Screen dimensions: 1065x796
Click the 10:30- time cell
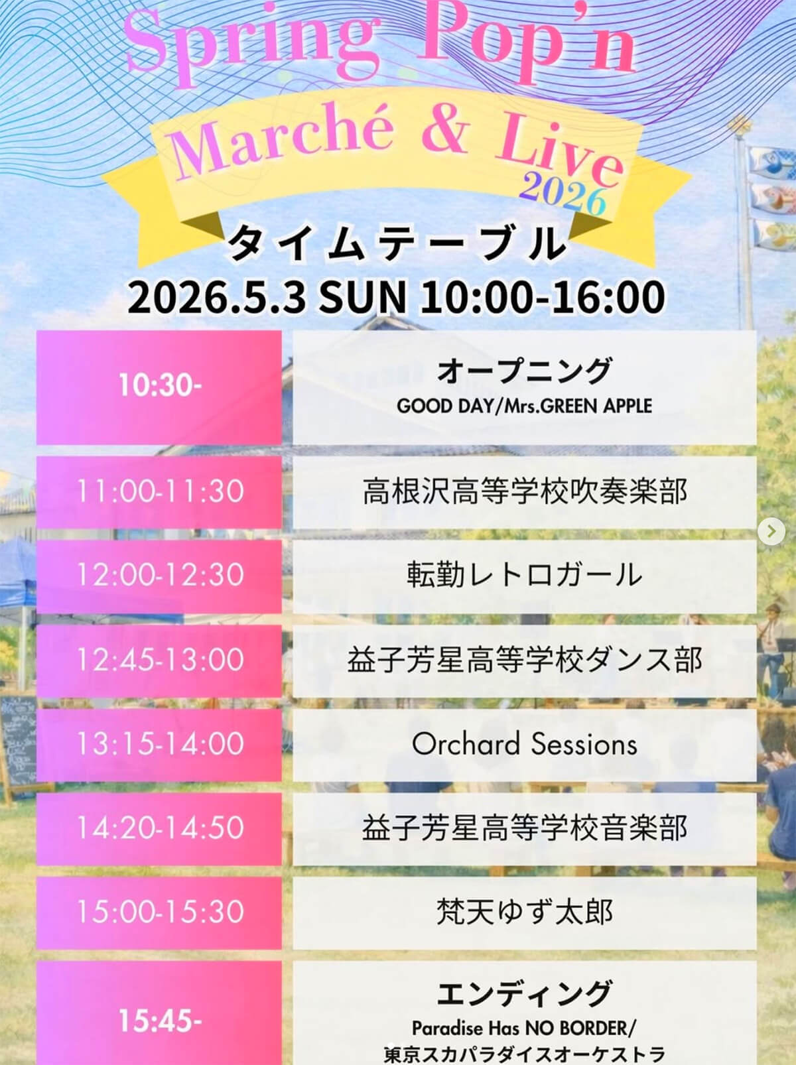click(159, 386)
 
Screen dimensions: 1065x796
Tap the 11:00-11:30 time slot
click(159, 491)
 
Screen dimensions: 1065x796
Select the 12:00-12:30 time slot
click(159, 575)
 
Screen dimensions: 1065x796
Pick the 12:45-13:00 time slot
click(159, 659)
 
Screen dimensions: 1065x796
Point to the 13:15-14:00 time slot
click(159, 743)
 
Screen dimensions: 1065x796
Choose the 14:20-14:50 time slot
click(159, 828)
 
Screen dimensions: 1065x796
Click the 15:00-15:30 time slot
click(159, 912)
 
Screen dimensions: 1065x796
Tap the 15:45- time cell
click(159, 1021)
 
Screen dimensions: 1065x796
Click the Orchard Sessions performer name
click(524, 744)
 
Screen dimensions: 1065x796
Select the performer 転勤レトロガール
click(524, 575)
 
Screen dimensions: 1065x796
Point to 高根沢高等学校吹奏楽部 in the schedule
click(524, 491)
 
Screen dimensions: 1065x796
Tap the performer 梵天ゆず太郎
click(524, 912)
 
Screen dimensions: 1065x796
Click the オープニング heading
click(524, 370)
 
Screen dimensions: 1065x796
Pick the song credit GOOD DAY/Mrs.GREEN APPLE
click(524, 406)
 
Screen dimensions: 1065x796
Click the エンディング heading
click(524, 993)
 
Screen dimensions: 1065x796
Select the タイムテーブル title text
click(396, 245)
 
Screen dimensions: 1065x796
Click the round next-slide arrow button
click(771, 531)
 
